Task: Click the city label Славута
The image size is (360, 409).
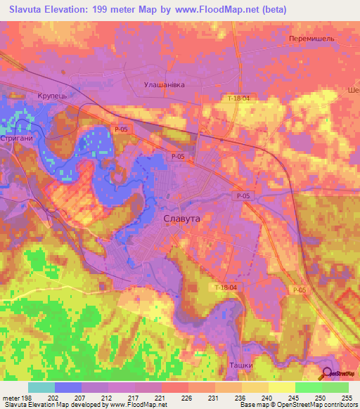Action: point(182,219)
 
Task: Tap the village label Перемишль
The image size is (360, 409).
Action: point(311,39)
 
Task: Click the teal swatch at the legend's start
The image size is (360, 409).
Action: point(41,387)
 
